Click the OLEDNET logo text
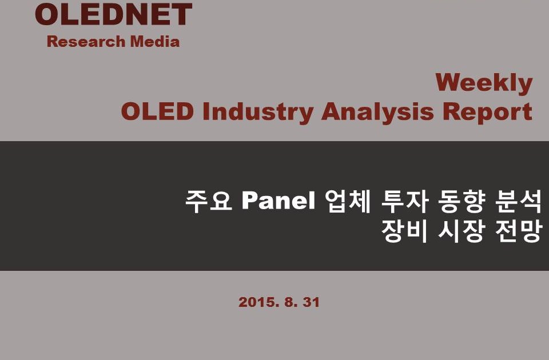(x=113, y=14)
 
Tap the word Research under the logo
(x=86, y=41)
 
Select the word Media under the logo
(x=155, y=41)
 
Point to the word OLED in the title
(x=157, y=111)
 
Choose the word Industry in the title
(x=258, y=113)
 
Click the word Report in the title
(x=488, y=112)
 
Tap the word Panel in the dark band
(x=279, y=201)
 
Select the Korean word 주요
(x=209, y=201)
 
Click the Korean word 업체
(x=348, y=201)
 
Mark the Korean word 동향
(x=462, y=201)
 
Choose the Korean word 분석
(x=519, y=201)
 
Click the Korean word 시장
(x=462, y=231)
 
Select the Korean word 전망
(x=519, y=231)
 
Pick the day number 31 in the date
(x=311, y=302)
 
